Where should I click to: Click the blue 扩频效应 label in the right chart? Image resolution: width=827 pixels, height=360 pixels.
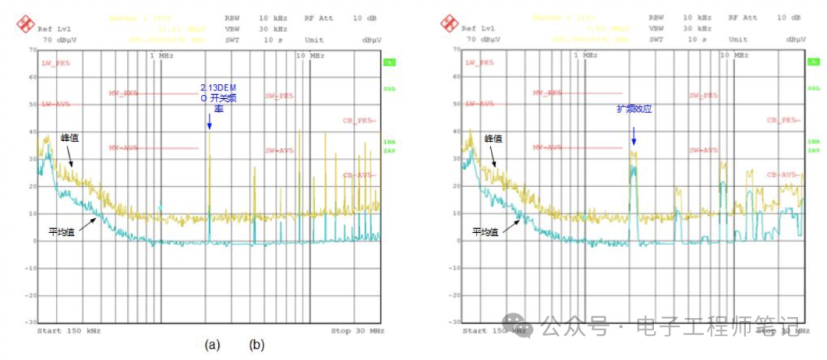[x=634, y=109]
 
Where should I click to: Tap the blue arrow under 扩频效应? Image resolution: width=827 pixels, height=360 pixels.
[x=634, y=136]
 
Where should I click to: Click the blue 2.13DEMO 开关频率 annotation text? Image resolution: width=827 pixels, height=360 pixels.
[x=214, y=97]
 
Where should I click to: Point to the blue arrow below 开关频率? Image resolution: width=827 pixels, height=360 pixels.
[x=209, y=120]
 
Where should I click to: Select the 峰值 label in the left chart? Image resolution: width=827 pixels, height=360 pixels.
[x=70, y=138]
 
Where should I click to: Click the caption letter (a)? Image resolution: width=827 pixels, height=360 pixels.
[x=213, y=345]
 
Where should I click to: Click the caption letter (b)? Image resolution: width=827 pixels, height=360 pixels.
[x=257, y=345]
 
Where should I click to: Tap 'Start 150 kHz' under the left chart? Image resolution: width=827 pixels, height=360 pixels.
[x=68, y=331]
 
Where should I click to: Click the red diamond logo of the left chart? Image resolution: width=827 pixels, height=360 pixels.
[x=26, y=23]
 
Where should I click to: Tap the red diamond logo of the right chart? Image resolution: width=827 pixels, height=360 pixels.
[x=449, y=23]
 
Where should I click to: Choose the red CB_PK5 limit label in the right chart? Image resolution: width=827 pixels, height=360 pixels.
[x=783, y=120]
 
